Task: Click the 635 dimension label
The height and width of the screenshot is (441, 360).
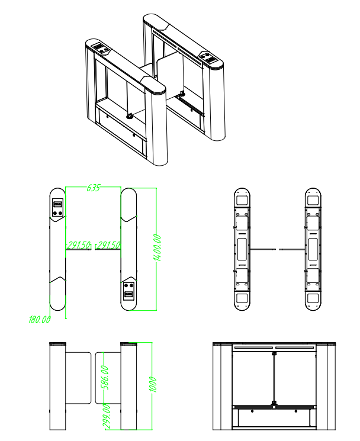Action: [93, 188]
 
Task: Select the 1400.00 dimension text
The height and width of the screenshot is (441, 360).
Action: [158, 248]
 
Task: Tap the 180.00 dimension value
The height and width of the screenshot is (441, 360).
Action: [39, 320]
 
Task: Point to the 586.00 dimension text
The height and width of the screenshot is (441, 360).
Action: [105, 378]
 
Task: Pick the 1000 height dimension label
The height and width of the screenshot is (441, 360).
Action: [153, 384]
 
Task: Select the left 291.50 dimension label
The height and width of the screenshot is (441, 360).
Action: [79, 245]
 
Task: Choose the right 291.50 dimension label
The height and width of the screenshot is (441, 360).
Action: [108, 245]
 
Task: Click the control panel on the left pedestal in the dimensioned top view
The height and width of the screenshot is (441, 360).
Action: [58, 208]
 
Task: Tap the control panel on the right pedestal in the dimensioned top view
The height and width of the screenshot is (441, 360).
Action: [129, 291]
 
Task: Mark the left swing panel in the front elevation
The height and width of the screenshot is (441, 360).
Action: [79, 378]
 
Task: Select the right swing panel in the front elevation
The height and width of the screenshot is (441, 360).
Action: [108, 378]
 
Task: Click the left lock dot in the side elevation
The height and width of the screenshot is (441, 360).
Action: [252, 411]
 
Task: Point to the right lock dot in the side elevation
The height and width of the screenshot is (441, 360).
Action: [296, 411]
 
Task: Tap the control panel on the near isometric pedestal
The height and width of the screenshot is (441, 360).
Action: [101, 48]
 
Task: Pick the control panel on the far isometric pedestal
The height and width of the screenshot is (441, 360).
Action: [208, 57]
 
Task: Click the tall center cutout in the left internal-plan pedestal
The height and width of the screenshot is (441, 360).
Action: [242, 249]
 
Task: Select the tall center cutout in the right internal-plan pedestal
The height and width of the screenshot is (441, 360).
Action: [313, 249]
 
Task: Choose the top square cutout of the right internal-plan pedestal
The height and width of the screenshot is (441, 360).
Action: [313, 200]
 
